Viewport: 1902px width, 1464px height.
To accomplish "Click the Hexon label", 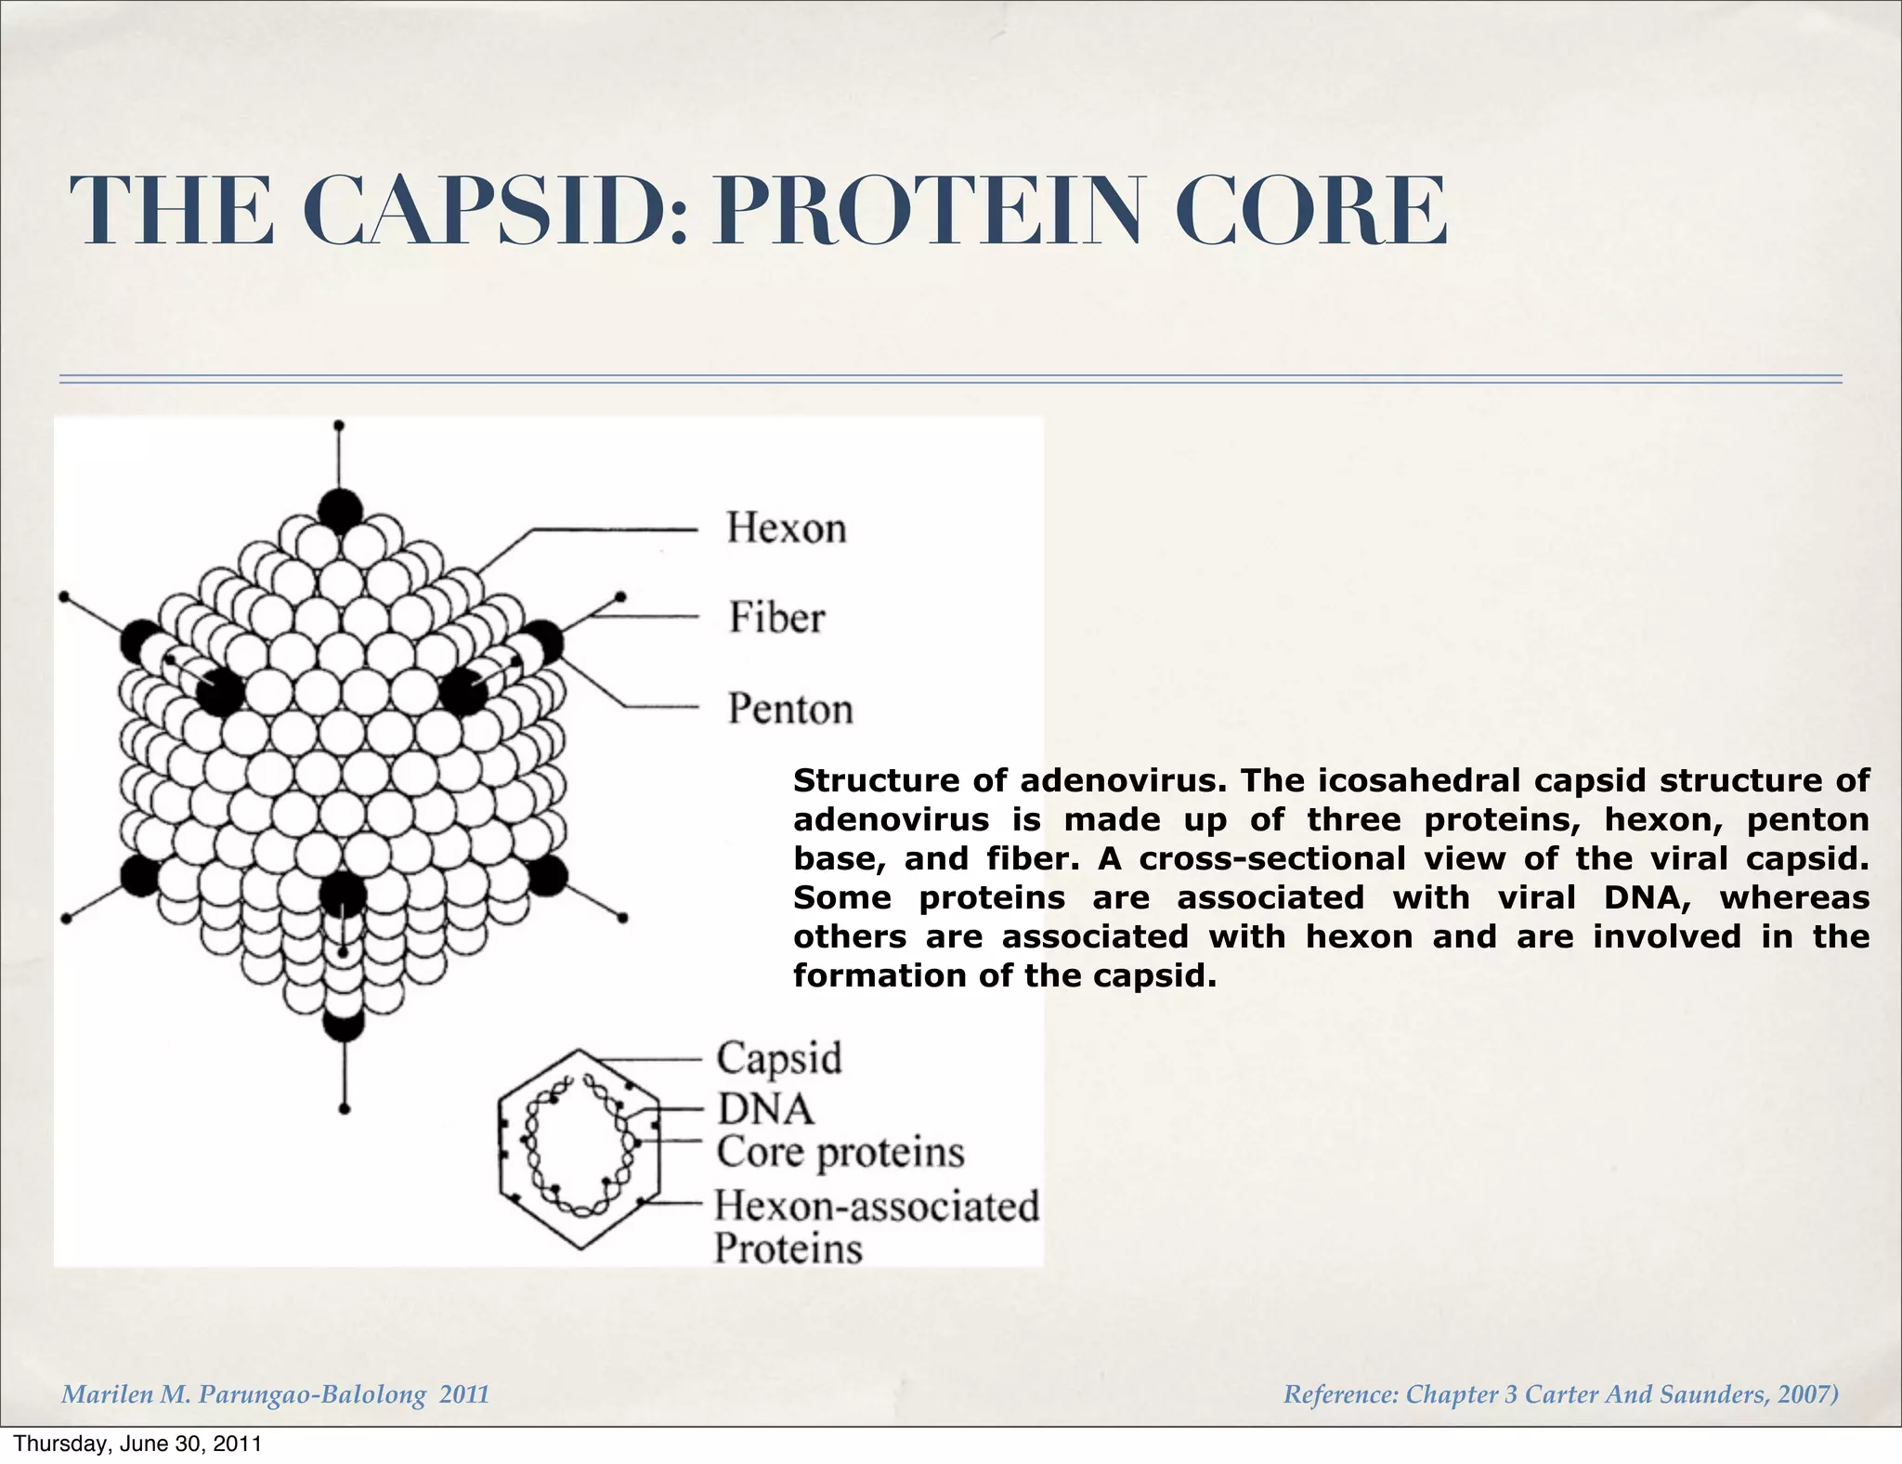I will [x=786, y=529].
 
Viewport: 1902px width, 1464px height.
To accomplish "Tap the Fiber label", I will [x=776, y=618].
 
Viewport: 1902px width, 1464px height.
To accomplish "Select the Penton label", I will [x=789, y=709].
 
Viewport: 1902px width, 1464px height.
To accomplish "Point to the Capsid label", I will [x=778, y=1058].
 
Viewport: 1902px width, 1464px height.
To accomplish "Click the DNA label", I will [x=765, y=1109].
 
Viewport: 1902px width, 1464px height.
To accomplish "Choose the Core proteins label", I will [x=840, y=1153].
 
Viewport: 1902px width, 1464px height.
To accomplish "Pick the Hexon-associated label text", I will [x=876, y=1207].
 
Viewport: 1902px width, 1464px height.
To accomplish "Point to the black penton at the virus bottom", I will [x=343, y=1025].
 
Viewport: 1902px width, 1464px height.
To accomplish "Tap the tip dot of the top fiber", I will [x=339, y=425].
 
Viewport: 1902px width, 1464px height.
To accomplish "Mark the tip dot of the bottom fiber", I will [x=345, y=1109].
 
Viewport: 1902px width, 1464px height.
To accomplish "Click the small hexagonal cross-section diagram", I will [x=580, y=1150].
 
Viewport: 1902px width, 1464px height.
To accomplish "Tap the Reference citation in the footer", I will [x=1559, y=1394].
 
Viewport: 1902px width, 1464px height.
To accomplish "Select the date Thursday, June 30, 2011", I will [x=137, y=1444].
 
